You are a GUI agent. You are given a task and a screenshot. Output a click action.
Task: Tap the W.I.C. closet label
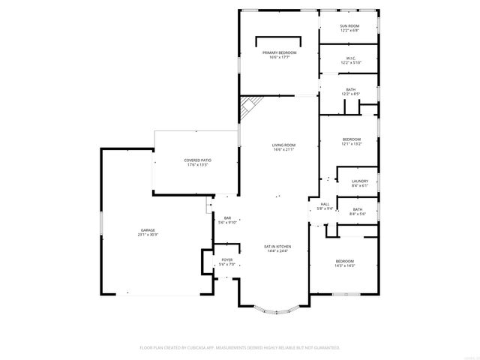[350, 58]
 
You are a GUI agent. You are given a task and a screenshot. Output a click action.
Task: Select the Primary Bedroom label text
[279, 52]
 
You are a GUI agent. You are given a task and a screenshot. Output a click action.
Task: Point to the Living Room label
[283, 145]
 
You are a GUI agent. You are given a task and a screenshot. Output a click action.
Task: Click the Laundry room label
[359, 181]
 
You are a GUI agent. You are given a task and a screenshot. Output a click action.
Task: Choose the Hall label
[325, 204]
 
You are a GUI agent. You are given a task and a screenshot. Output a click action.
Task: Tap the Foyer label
[226, 261]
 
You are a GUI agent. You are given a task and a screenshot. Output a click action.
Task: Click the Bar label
[227, 218]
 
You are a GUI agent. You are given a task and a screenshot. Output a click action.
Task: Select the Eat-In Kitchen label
[277, 247]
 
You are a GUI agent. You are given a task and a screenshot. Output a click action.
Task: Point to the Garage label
[148, 230]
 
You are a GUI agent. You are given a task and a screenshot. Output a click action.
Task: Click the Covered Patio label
[196, 160]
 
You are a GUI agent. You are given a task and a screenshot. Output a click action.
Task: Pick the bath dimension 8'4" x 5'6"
[357, 214]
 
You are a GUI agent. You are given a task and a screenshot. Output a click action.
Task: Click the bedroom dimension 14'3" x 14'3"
[345, 265]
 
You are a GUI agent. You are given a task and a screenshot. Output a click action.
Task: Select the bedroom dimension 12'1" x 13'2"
[352, 144]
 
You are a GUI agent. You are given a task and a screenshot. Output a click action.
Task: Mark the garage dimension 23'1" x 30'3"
[148, 235]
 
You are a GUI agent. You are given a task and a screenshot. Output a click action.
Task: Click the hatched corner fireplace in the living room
[247, 107]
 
